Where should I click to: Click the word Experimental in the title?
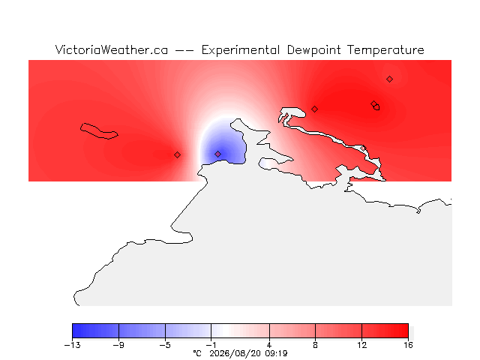[240, 50]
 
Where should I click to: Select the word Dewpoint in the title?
[313, 50]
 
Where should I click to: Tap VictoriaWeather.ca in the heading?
[112, 50]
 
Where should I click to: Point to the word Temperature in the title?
[385, 50]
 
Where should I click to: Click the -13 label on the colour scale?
[72, 345]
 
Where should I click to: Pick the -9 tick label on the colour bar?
[118, 345]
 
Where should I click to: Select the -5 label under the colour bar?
[165, 345]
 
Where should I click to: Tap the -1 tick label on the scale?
[211, 345]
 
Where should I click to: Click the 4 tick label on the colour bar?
[269, 345]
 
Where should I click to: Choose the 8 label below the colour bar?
[315, 345]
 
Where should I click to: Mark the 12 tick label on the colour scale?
[361, 345]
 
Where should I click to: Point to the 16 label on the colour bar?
[408, 345]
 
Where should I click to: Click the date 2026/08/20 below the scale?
[235, 354]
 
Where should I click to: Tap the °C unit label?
[197, 353]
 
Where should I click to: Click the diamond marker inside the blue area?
[217, 154]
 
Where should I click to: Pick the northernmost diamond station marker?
[389, 79]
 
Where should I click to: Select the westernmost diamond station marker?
[177, 155]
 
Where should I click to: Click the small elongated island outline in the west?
[99, 131]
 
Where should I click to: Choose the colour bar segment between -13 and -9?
[95, 331]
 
